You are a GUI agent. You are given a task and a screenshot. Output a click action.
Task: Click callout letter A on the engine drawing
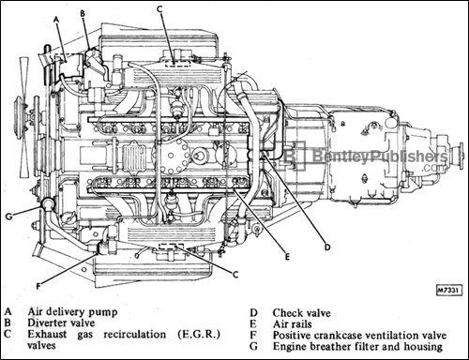click(58, 18)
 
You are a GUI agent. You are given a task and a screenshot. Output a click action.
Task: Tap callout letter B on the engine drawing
click(83, 15)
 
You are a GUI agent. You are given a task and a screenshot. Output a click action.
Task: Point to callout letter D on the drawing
click(327, 247)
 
